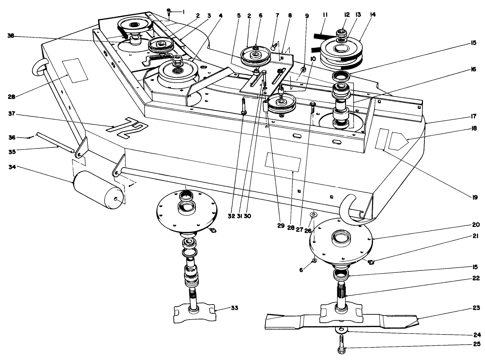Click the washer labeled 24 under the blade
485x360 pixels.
click(x=341, y=330)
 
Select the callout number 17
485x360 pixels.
click(x=474, y=116)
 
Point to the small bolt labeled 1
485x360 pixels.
click(x=169, y=12)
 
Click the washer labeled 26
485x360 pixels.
click(x=313, y=214)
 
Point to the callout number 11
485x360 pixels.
click(x=325, y=15)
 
